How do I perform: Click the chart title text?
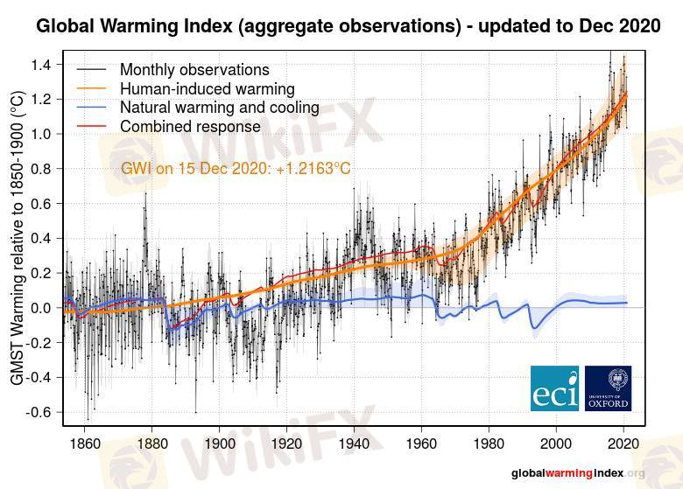[x=348, y=26]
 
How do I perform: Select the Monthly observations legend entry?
[x=194, y=69]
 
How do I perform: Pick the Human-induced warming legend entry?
[x=207, y=88]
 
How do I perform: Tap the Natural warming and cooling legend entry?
[x=219, y=108]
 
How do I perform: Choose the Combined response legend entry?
[x=190, y=128]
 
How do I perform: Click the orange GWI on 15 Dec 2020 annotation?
[x=236, y=168]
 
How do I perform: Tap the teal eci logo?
[x=555, y=388]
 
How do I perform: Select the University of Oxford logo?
[x=608, y=388]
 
